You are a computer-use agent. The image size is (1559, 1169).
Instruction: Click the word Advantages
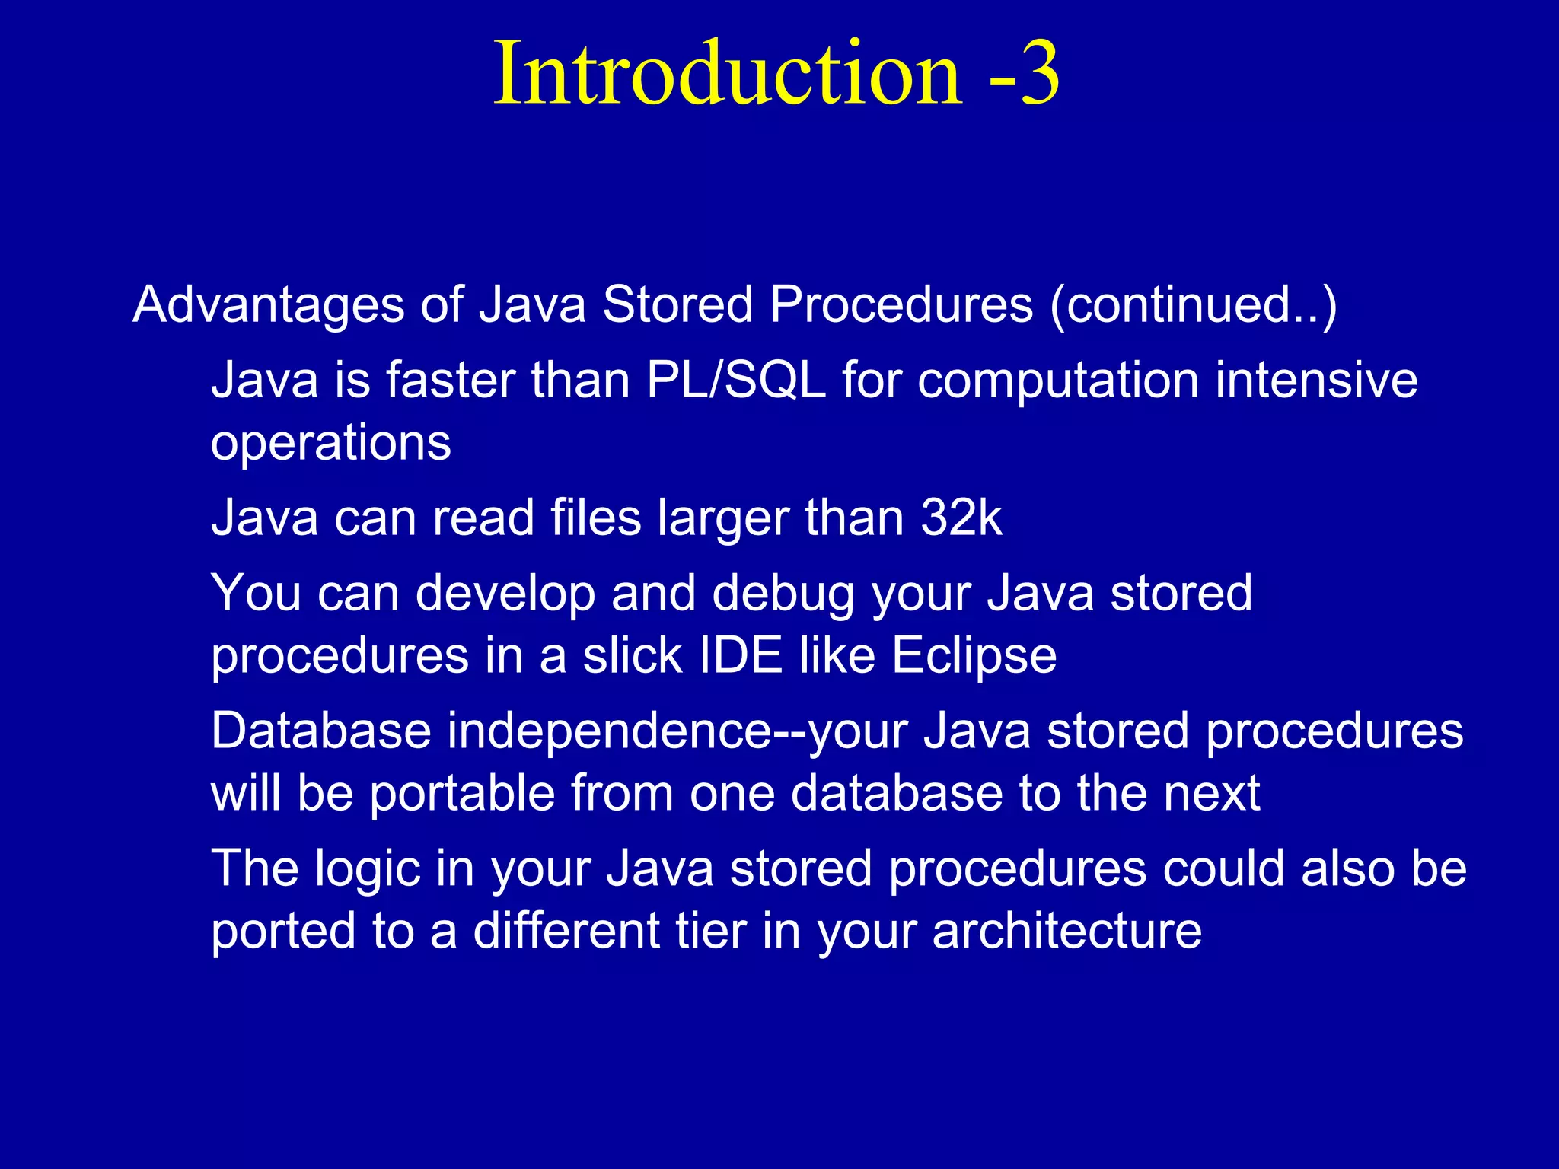[x=268, y=306]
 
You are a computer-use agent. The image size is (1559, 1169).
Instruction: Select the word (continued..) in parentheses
[x=1193, y=306]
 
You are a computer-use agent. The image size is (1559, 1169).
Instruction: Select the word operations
[x=330, y=444]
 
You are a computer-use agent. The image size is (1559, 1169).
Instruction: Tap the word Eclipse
[x=974, y=656]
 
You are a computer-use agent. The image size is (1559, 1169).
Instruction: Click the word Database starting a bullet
[x=320, y=731]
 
